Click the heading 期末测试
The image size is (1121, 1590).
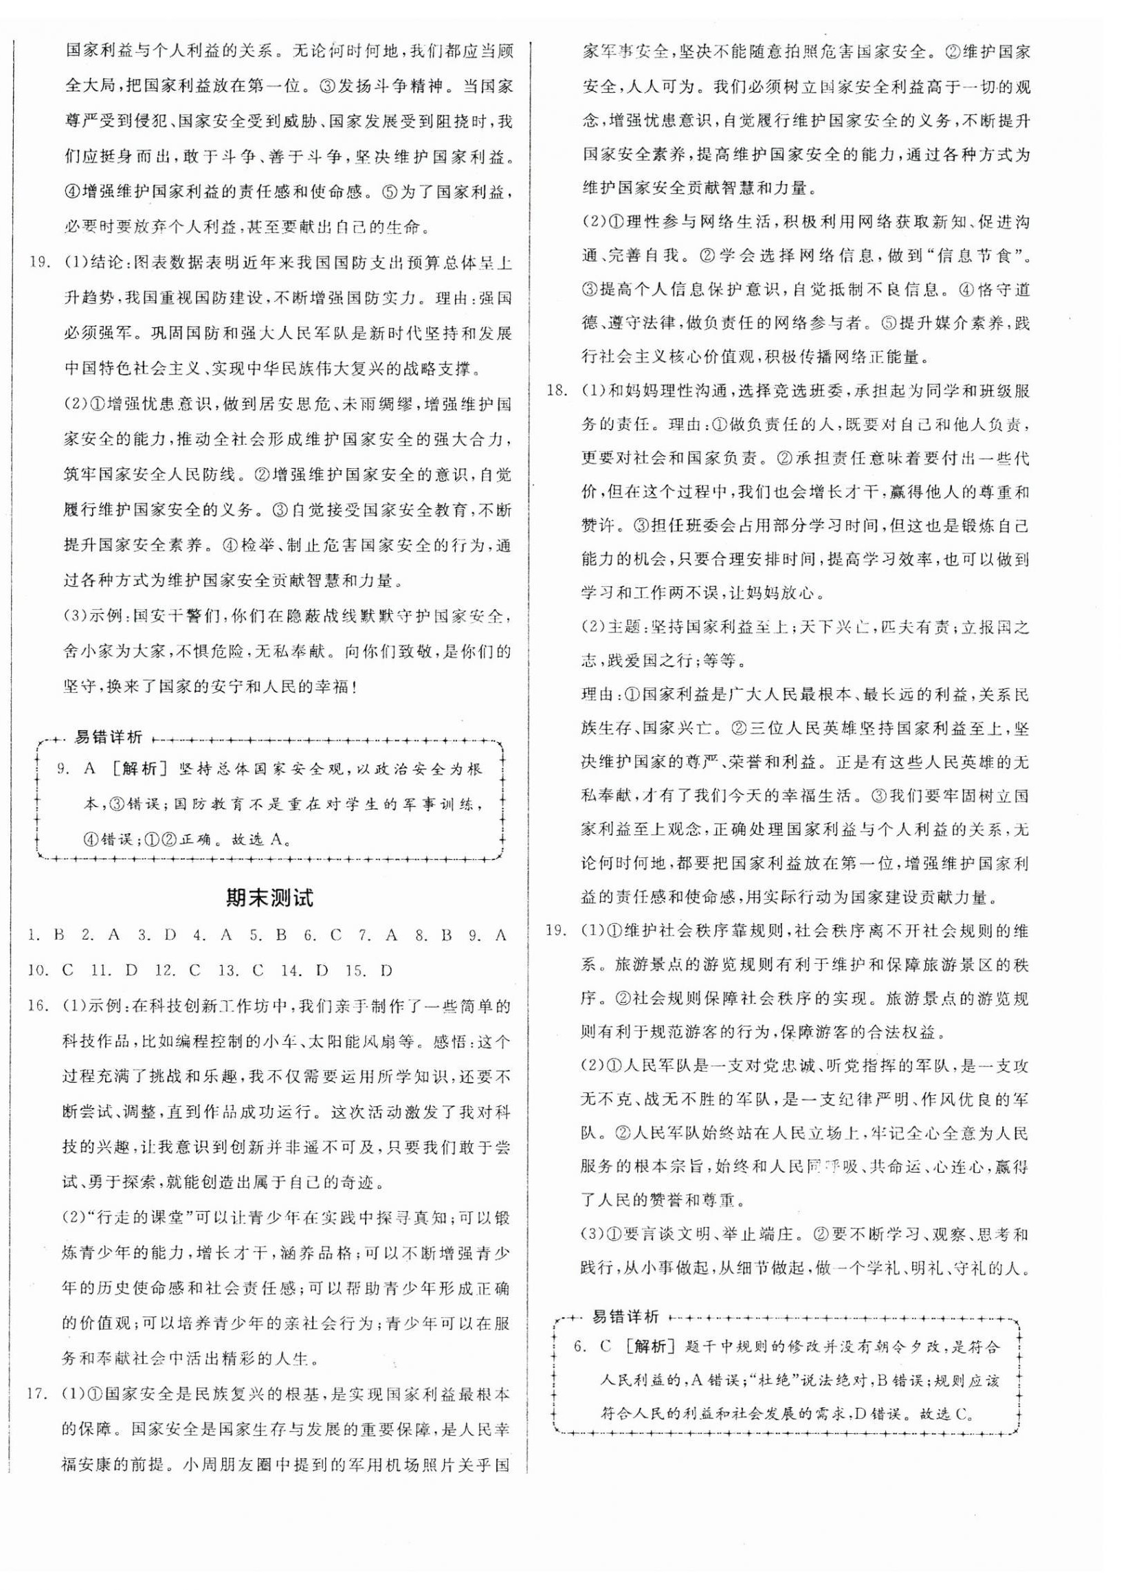(x=269, y=898)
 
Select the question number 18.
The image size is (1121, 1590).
(x=556, y=390)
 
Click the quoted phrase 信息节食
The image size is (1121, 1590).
(x=980, y=256)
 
